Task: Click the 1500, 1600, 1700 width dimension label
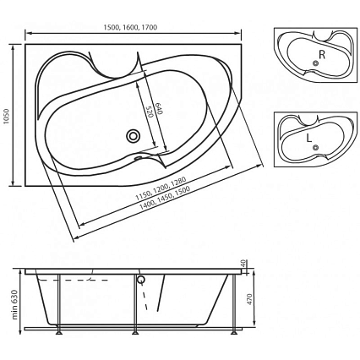pos(130,27)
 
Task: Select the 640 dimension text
pos(159,109)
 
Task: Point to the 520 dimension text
pos(150,112)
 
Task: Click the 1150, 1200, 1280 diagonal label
pos(161,188)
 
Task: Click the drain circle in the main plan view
pos(133,136)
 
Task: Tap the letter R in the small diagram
pos(322,54)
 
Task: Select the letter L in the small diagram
pos(309,138)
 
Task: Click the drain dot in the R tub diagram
pos(315,63)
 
